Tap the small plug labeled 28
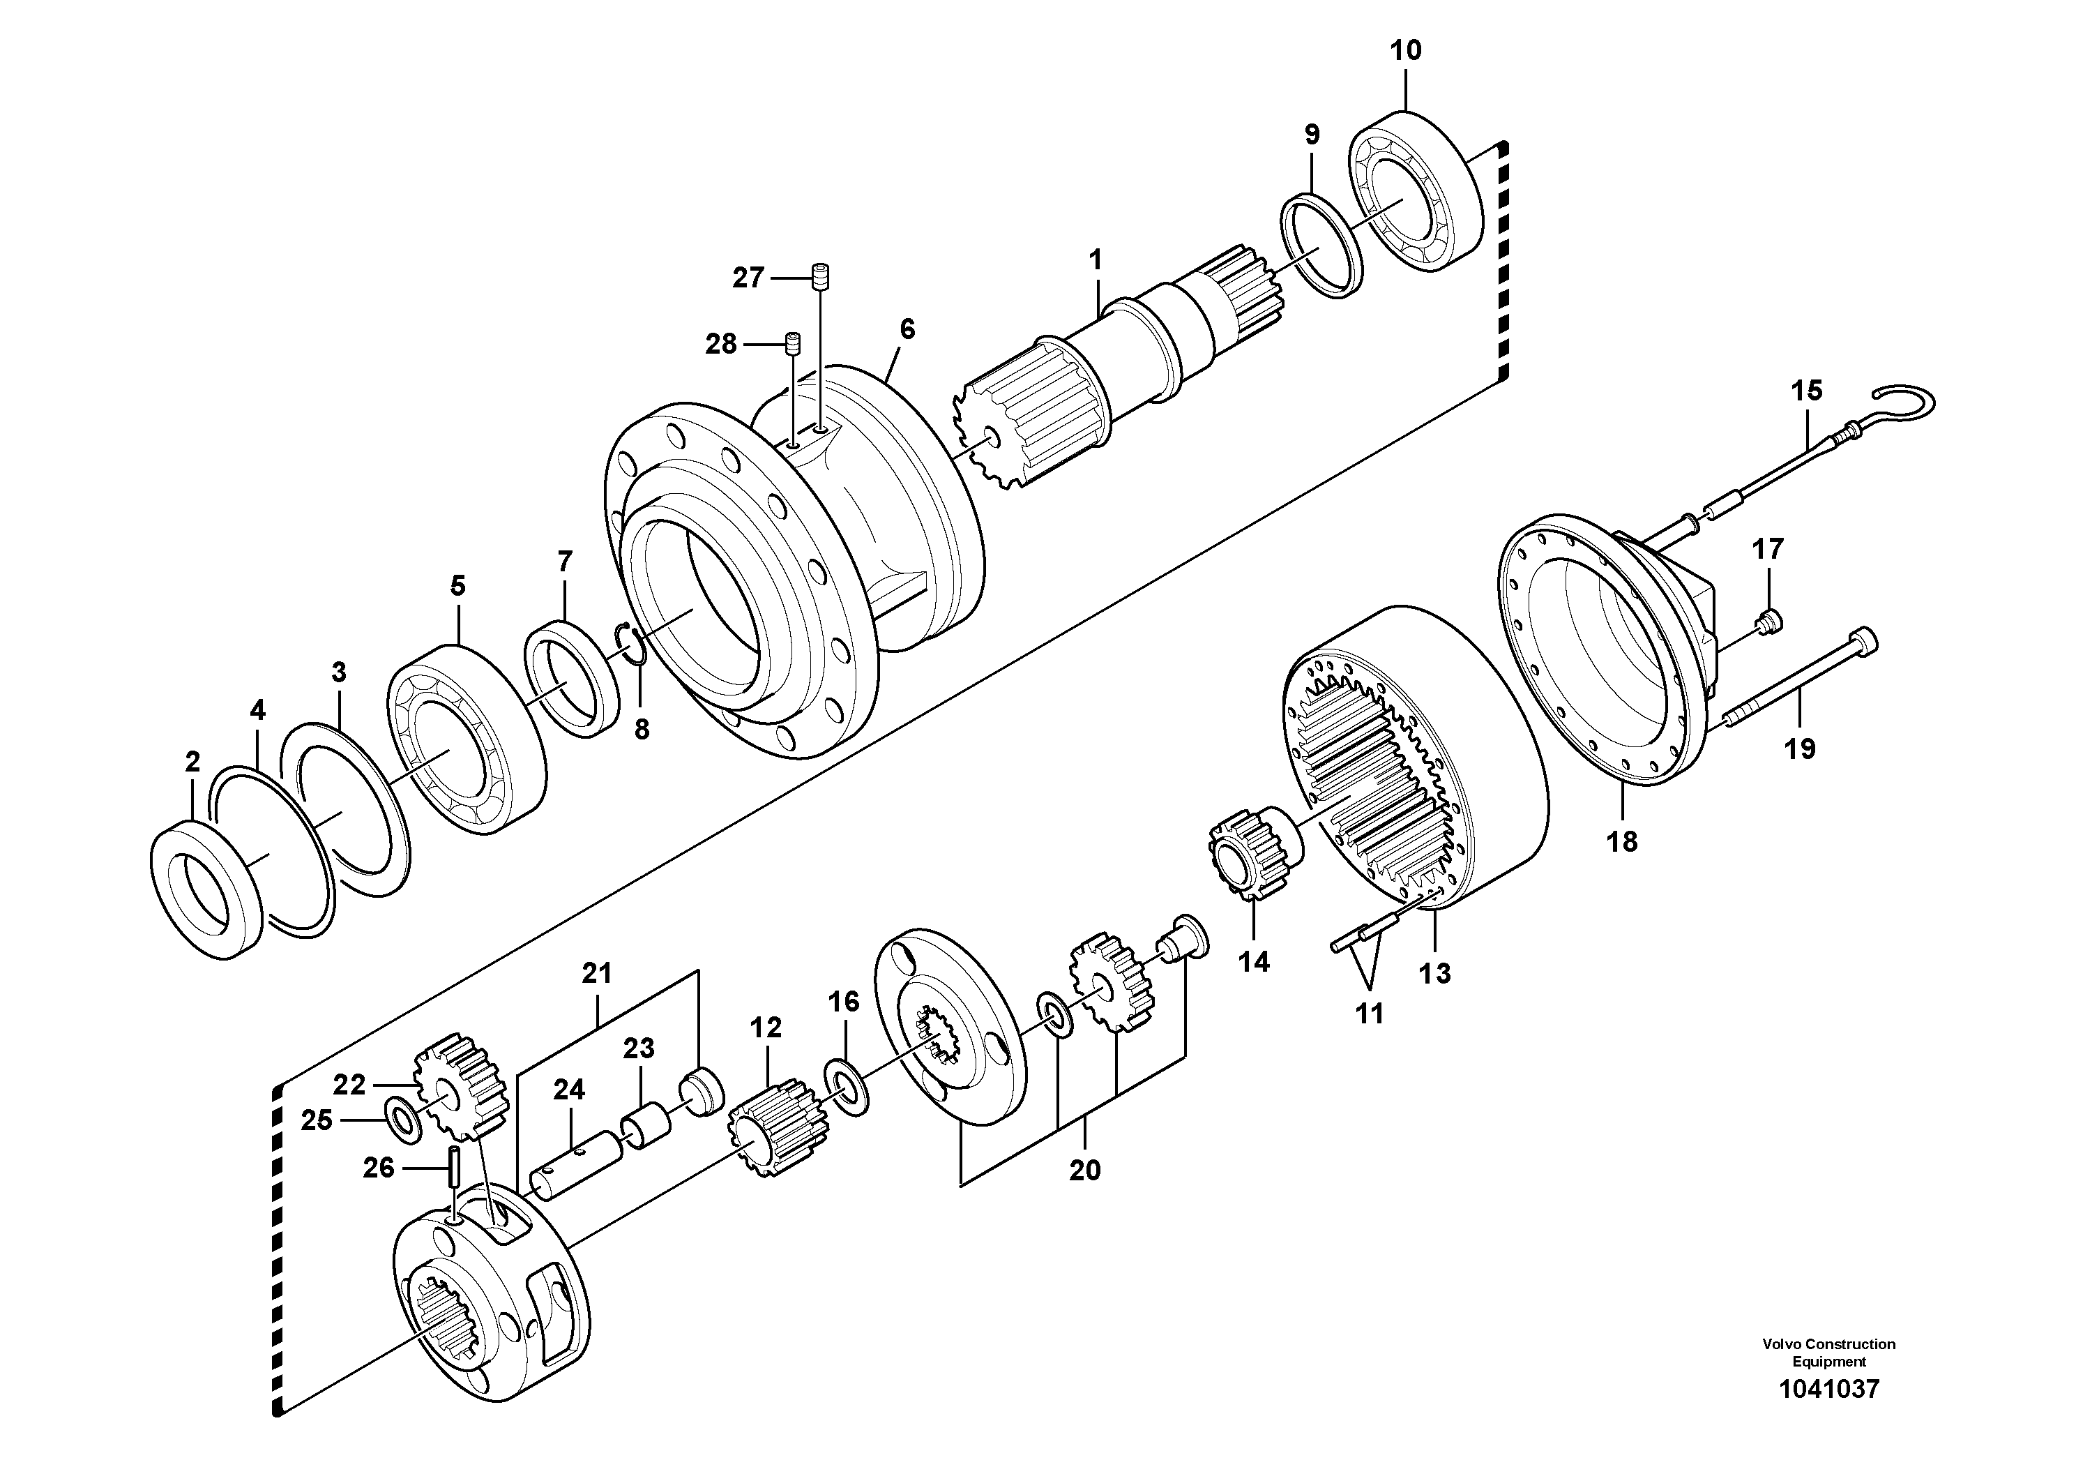click(794, 344)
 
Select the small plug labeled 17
click(1766, 622)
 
